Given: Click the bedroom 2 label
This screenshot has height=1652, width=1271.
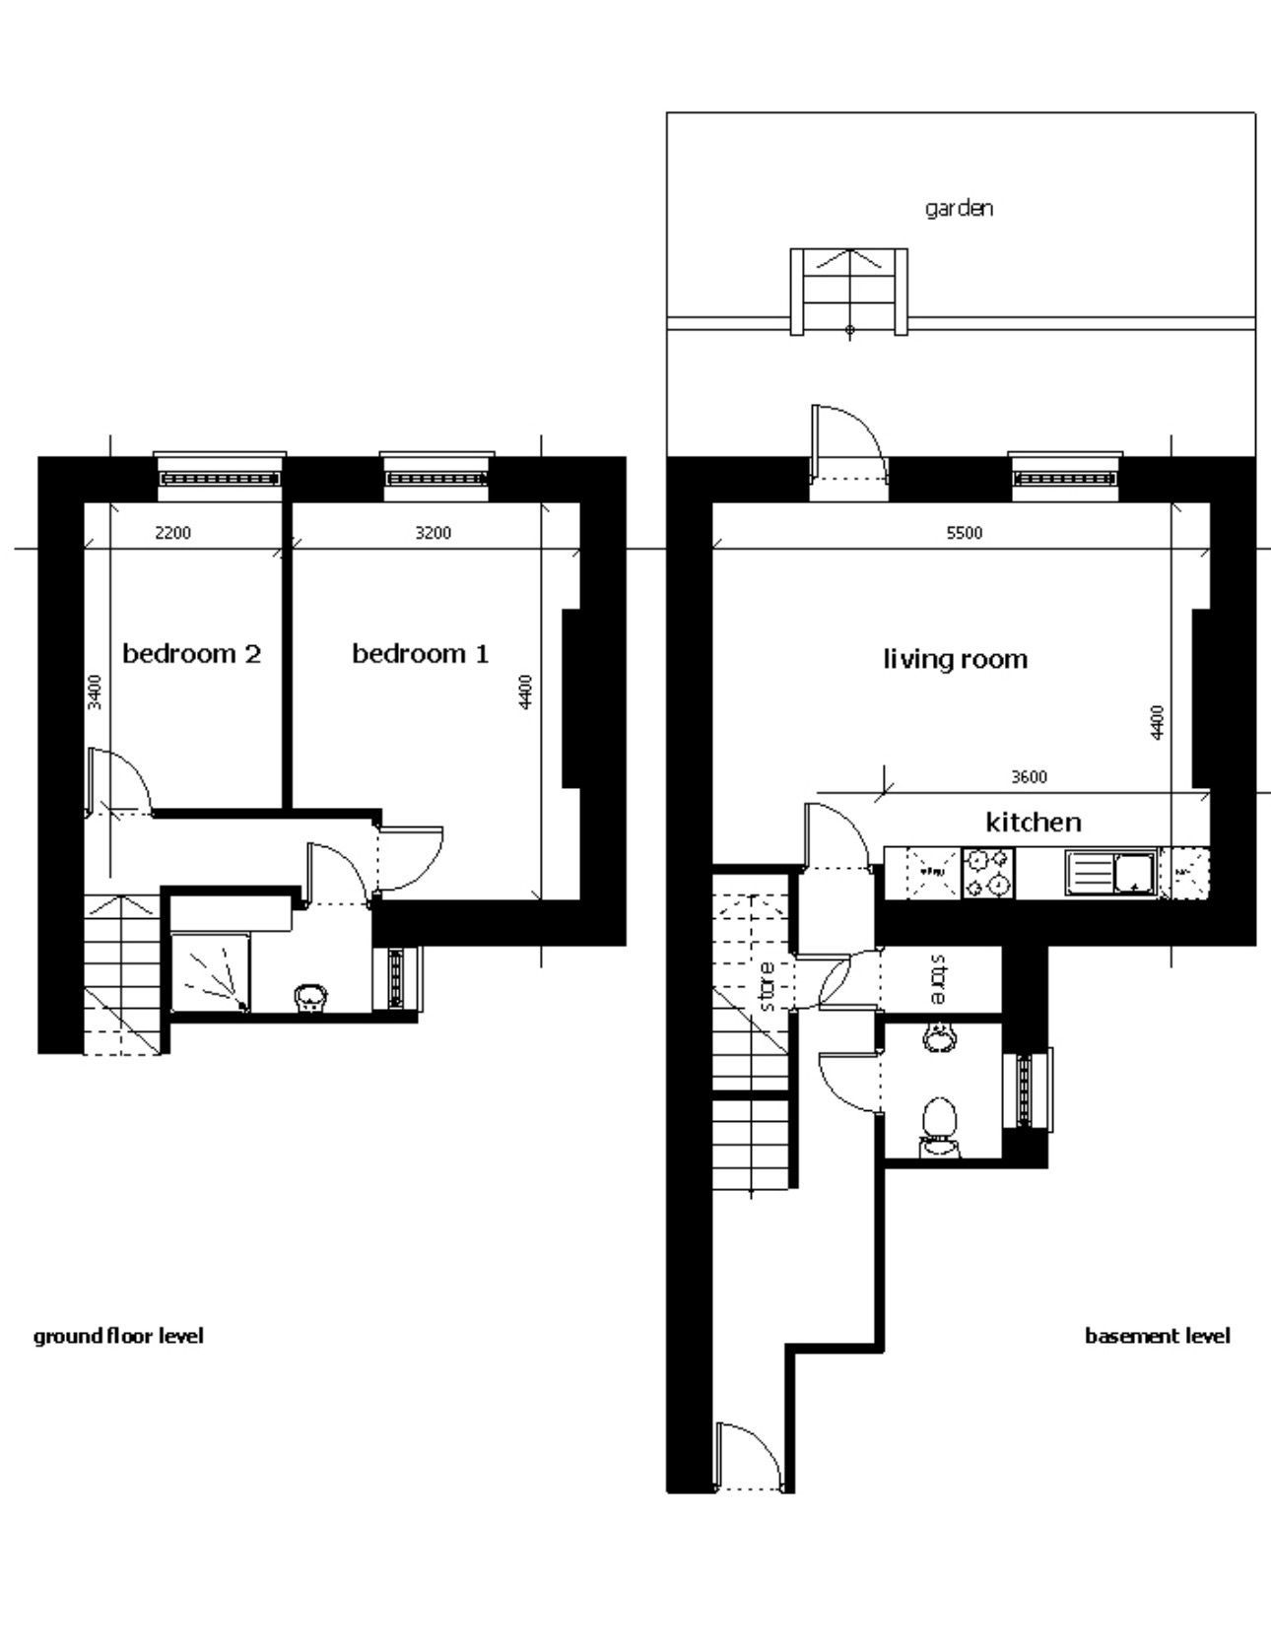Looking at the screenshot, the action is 191,654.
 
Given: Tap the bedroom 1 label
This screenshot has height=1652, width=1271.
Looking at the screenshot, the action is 421,654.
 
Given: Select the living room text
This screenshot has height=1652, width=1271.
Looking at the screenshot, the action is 955,659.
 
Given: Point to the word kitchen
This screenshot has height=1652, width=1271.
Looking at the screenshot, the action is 1034,822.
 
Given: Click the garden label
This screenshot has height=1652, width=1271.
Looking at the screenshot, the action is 959,209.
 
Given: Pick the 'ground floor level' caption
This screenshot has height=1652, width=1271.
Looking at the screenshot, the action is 118,1337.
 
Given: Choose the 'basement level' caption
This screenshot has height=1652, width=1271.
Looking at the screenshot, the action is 1158,1337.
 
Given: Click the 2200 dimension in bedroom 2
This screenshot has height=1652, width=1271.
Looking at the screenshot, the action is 173,533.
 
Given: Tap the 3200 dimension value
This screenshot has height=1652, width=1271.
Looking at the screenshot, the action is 434,533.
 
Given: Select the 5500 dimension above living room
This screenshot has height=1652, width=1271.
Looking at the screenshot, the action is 965,533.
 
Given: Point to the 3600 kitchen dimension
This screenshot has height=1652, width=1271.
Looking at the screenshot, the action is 1029,777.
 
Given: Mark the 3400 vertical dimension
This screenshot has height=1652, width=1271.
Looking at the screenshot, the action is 95,692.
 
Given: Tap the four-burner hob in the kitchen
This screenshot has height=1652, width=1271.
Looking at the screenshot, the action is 988,873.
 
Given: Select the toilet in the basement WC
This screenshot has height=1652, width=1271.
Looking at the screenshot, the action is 939,1128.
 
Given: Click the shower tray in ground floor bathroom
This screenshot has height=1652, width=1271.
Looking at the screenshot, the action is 210,972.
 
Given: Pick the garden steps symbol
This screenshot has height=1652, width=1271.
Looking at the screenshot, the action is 849,292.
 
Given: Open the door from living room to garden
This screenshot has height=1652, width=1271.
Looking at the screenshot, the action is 846,442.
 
